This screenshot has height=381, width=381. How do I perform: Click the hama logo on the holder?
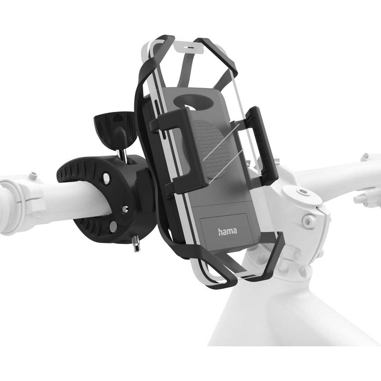227,231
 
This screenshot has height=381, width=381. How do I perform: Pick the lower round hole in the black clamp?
113,226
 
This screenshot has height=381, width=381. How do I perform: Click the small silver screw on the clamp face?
124,208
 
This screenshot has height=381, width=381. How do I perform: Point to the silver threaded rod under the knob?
124,152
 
